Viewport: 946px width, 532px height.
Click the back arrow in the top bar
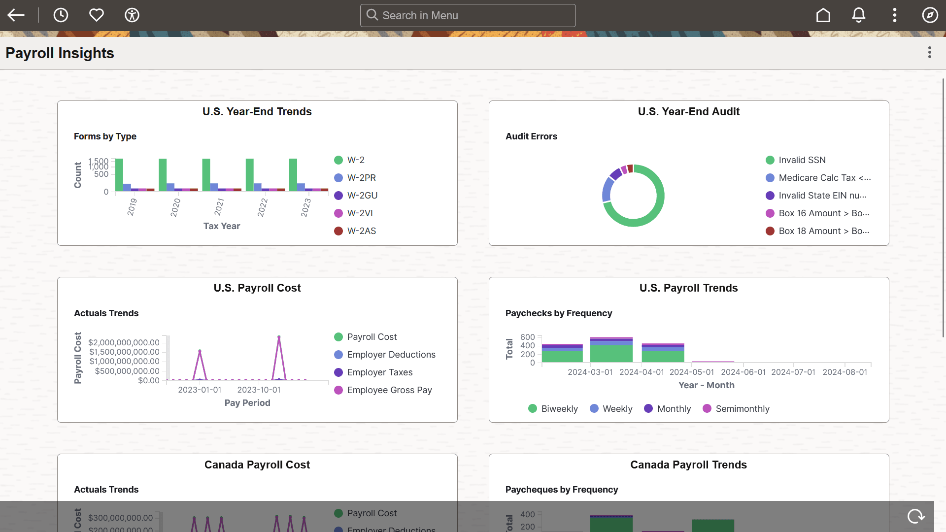[16, 15]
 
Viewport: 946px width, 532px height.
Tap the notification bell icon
[859, 15]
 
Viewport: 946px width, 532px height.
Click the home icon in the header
[823, 15]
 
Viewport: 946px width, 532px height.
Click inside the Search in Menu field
[468, 16]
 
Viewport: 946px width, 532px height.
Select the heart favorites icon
[97, 15]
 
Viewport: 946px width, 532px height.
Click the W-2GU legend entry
[362, 196]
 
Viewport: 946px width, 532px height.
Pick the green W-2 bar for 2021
[206, 174]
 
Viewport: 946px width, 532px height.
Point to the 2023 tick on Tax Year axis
[306, 207]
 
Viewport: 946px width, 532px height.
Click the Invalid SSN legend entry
[802, 160]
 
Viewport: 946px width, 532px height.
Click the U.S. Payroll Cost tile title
[257, 288]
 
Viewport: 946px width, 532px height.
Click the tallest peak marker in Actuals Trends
[279, 337]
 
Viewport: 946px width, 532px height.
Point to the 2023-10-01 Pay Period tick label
[259, 390]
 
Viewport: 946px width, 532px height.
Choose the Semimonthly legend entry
[742, 409]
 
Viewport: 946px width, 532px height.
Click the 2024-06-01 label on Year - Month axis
[743, 372]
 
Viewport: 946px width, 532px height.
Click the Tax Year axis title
[222, 226]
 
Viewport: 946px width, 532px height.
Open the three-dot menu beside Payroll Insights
[929, 53]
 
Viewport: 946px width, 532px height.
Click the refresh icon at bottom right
[916, 516]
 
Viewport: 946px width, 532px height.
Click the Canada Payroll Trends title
[688, 465]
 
